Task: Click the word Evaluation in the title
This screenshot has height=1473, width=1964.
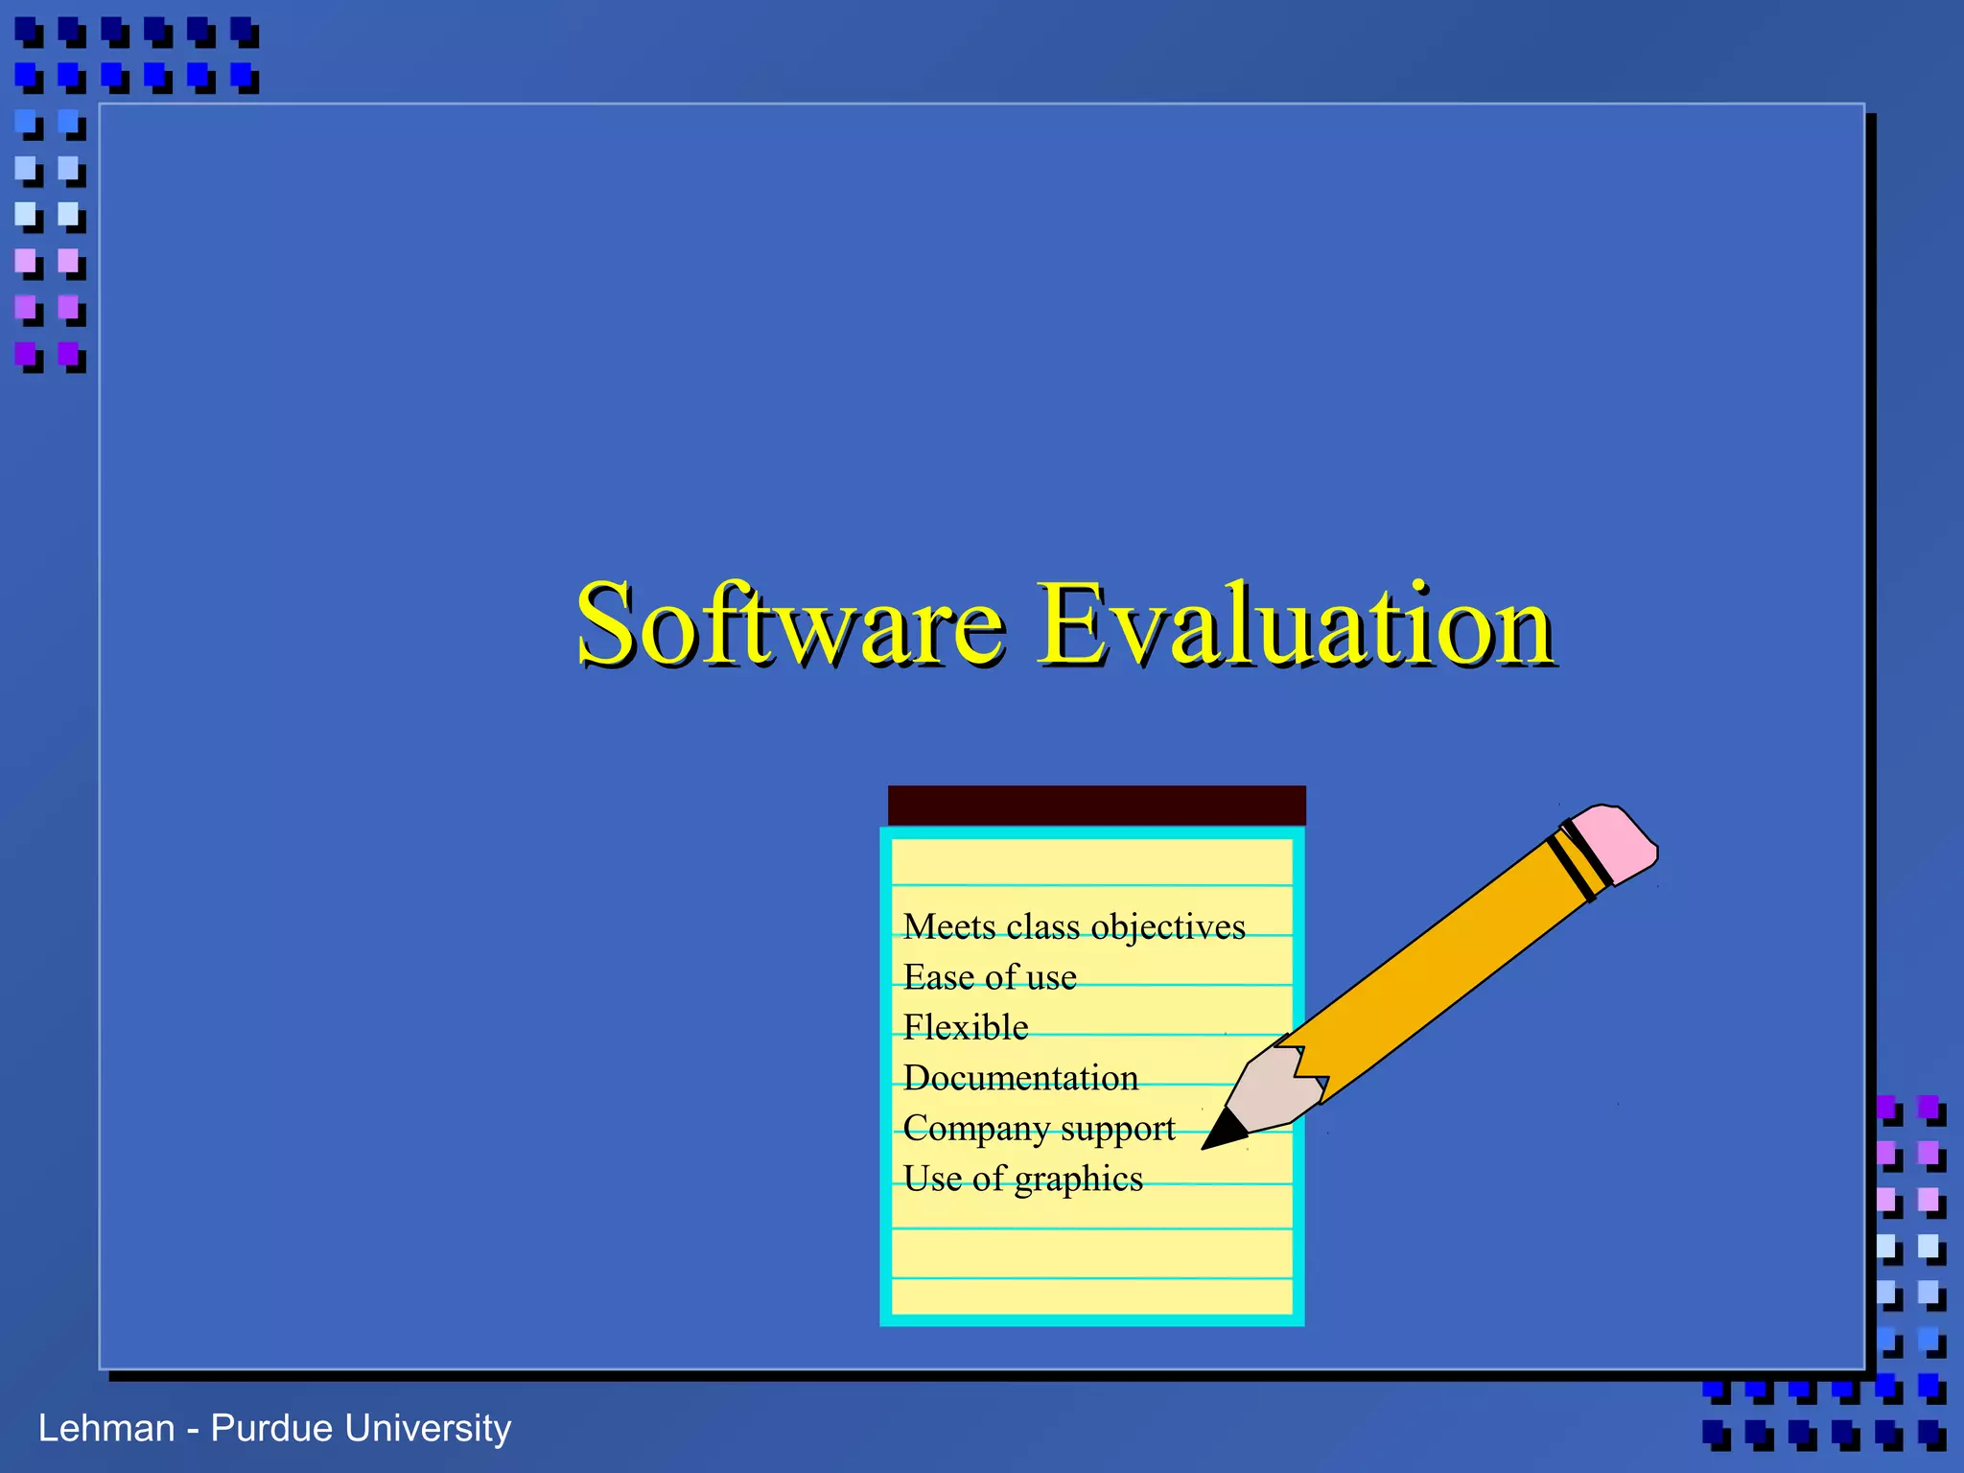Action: point(1296,625)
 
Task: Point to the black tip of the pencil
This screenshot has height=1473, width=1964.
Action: point(1222,1133)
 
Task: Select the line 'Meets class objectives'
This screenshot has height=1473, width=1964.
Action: point(1073,927)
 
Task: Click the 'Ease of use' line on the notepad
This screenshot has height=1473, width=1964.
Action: point(990,977)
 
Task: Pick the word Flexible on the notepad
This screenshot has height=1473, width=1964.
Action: point(966,1028)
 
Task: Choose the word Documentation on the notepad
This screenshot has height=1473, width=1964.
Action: point(1020,1078)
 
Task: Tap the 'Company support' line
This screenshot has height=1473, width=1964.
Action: point(1039,1129)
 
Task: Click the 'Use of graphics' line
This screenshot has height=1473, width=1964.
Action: point(1022,1179)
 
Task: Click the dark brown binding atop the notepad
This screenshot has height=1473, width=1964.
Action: point(1096,806)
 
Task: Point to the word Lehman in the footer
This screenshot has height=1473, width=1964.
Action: point(105,1429)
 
